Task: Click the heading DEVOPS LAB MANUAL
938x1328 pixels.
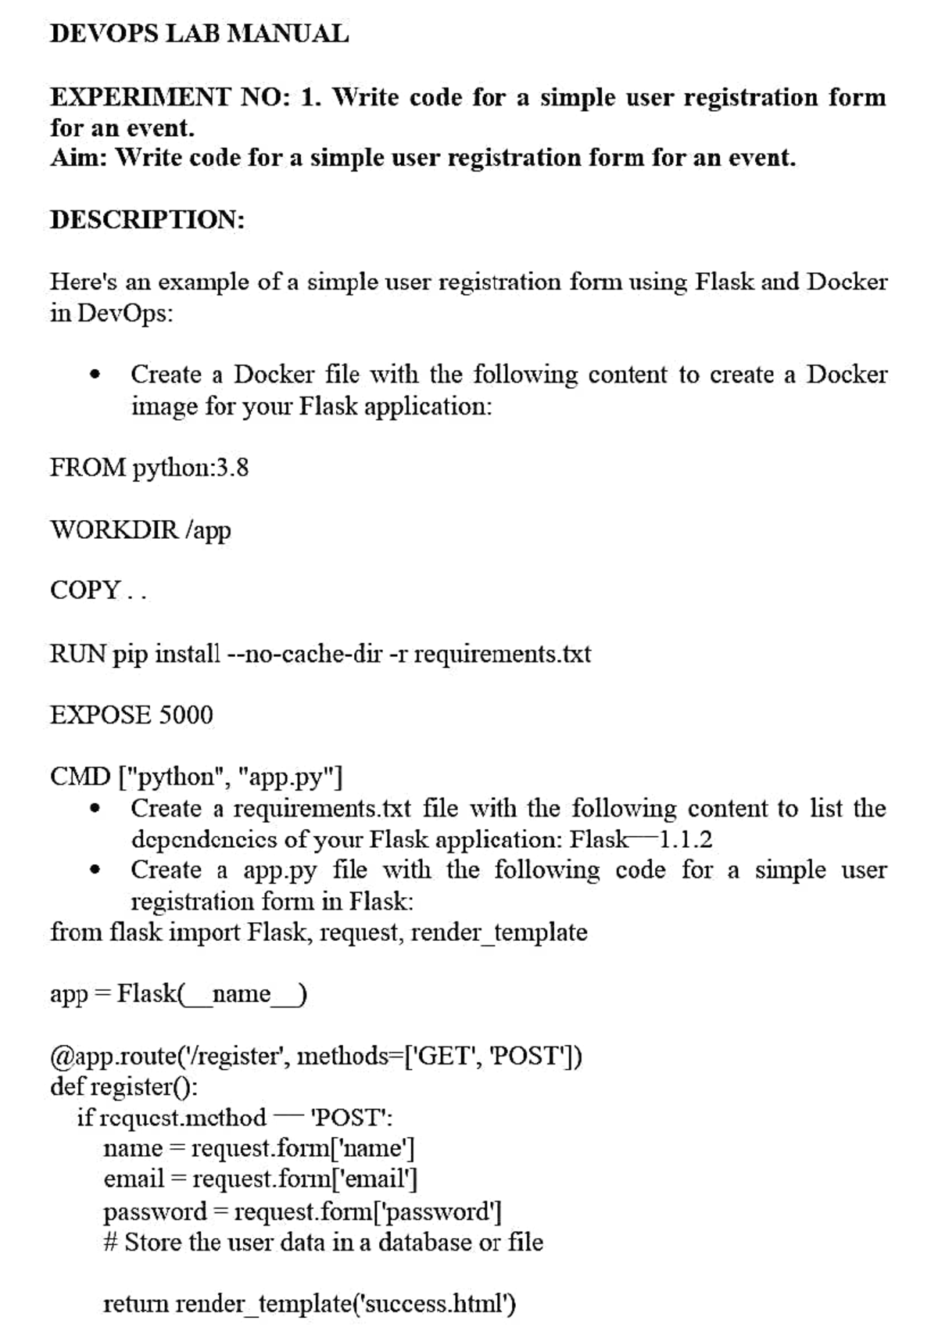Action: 199,34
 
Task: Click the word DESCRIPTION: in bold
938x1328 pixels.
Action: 148,220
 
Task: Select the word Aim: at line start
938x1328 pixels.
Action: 79,158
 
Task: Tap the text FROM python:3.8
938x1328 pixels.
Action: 149,468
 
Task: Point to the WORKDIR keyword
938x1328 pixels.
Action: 114,529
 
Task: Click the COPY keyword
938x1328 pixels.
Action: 85,590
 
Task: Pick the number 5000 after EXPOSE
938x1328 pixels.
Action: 185,715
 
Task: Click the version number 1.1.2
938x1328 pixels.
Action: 686,840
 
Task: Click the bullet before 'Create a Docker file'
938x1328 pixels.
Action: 95,375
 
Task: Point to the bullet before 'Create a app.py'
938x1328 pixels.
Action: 95,870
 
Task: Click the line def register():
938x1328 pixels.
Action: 124,1086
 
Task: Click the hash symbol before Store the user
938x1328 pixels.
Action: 110,1242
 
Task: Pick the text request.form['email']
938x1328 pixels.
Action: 305,1179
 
